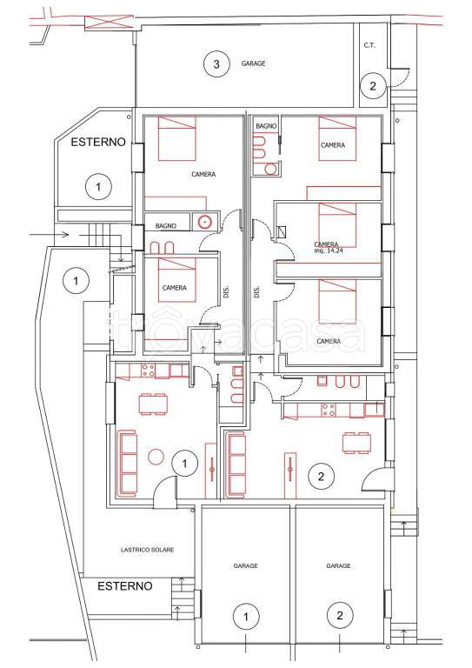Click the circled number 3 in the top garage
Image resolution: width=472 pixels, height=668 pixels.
[x=216, y=63]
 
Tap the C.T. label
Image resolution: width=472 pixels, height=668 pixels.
[x=369, y=45]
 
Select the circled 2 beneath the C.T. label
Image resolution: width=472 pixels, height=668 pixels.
[x=373, y=85]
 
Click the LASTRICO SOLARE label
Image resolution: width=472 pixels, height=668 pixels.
[x=147, y=550]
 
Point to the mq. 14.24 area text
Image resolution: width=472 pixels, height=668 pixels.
[x=329, y=250]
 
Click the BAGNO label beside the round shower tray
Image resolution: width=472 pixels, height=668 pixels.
[x=165, y=226]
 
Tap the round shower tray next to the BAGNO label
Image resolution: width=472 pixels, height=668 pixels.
[x=205, y=222]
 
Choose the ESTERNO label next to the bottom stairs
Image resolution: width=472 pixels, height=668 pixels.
[x=124, y=586]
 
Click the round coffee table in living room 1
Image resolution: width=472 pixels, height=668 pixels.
[x=156, y=458]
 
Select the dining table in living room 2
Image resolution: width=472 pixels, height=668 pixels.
[x=356, y=443]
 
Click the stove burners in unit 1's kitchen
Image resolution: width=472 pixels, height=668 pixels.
[x=148, y=370]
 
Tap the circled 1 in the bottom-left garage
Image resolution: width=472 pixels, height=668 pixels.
[x=246, y=617]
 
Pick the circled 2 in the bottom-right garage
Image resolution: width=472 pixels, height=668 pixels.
[x=339, y=615]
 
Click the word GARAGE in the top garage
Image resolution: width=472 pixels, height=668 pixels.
[x=253, y=63]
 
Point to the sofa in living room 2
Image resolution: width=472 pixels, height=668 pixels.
[x=236, y=464]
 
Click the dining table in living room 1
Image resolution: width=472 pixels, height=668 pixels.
[x=153, y=404]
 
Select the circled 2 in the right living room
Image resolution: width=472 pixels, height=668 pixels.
[x=321, y=476]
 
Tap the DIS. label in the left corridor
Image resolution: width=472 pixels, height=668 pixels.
[x=226, y=292]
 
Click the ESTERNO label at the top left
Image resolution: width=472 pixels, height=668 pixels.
[x=98, y=142]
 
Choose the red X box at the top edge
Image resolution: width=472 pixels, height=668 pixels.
[x=109, y=22]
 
